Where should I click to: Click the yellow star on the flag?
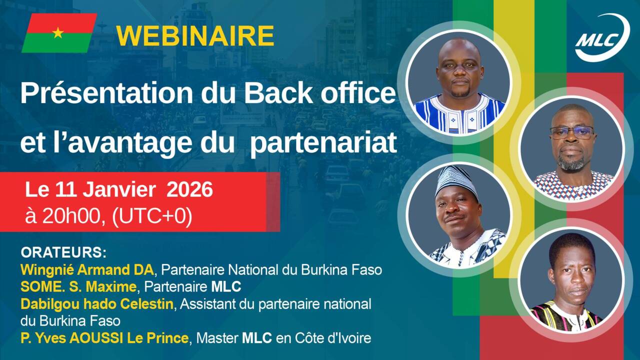58,33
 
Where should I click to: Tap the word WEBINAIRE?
195,35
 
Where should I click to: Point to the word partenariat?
323,142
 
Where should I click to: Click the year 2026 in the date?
189,189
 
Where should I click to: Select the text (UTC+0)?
152,217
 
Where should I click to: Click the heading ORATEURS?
63,253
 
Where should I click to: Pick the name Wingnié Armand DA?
87,270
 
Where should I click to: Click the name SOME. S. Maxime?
78,286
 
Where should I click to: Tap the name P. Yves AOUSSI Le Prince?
104,338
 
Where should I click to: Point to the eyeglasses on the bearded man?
571,133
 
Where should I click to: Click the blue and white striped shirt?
459,114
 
